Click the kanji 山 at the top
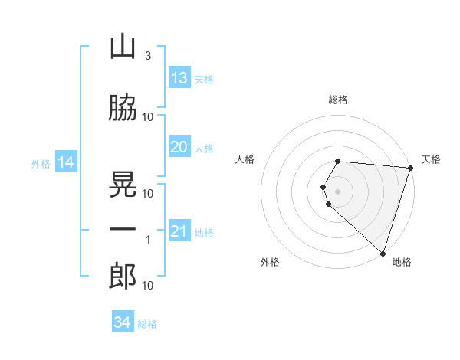click(123, 47)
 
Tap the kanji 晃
click(123, 184)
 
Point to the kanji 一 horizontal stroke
click(123, 229)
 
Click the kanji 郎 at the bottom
click(123, 276)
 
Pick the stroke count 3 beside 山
click(148, 56)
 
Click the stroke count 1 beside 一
click(148, 240)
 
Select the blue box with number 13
click(180, 77)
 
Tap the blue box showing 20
click(180, 146)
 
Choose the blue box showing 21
click(180, 230)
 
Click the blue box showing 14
click(66, 162)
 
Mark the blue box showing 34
click(123, 321)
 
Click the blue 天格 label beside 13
click(204, 80)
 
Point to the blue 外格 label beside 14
click(41, 164)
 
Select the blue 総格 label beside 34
click(147, 324)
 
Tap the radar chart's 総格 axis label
click(338, 100)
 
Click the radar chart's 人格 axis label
click(245, 159)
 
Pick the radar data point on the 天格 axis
click(411, 168)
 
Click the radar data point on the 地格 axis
click(383, 254)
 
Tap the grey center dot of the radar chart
click(337, 191)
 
